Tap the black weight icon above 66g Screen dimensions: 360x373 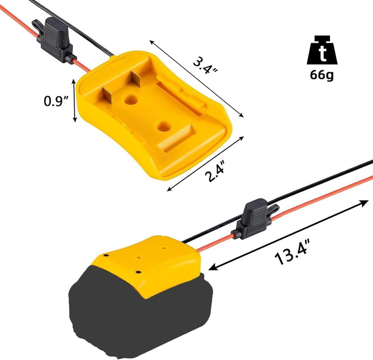pos(321,51)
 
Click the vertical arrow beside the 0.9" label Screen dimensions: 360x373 pos(74,100)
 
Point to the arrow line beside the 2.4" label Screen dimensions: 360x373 pos(206,163)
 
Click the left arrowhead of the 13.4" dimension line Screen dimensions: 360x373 pos(213,268)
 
